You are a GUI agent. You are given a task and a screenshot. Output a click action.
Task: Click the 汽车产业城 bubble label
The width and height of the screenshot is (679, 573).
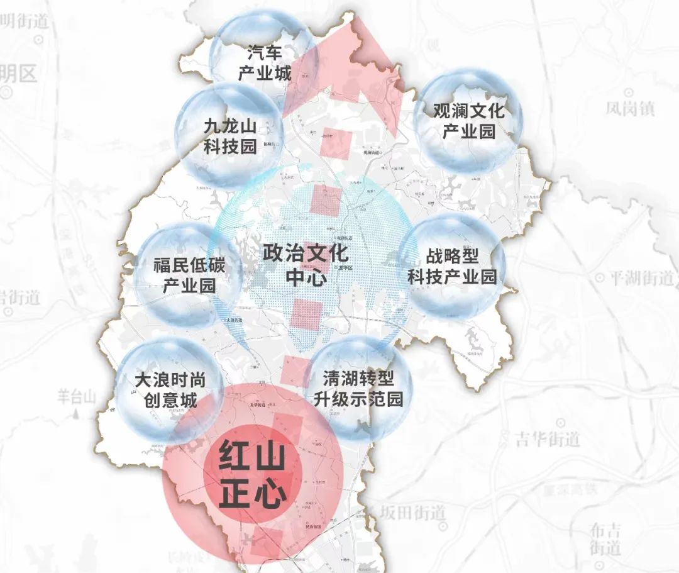coord(264,63)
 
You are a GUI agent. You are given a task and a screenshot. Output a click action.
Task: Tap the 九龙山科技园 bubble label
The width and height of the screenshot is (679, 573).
coord(230,136)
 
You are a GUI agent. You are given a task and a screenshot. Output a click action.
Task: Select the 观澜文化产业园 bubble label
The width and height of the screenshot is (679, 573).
coord(468,121)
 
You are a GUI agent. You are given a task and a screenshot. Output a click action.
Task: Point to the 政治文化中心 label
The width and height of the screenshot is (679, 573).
coord(306,265)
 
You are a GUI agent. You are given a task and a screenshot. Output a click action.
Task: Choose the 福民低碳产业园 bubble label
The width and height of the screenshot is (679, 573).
coord(189,275)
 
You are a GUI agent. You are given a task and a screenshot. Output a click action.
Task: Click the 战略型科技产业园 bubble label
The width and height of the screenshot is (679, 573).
coord(452,266)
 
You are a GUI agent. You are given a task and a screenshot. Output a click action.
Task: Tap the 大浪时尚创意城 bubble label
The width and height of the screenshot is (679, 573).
coord(170,390)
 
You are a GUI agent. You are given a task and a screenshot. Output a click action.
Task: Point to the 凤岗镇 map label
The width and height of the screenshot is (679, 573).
coord(630,109)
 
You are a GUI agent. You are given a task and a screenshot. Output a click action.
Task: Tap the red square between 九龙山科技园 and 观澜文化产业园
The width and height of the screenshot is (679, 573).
coord(336,143)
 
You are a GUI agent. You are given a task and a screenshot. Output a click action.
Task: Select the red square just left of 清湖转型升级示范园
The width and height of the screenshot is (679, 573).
coord(294,370)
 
